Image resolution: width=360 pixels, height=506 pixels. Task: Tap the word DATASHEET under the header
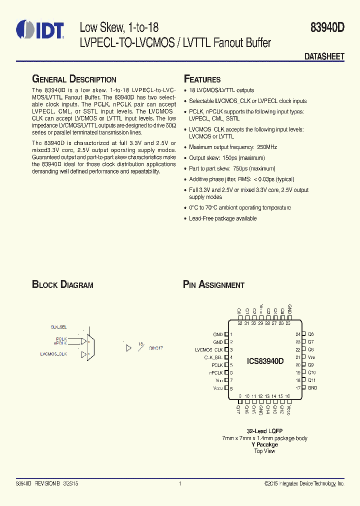tap(324, 57)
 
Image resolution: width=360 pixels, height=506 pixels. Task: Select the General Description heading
tap(74, 79)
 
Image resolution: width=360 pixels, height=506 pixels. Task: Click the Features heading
tap(202, 79)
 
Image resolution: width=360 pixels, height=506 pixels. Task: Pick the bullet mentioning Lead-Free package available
tap(222, 218)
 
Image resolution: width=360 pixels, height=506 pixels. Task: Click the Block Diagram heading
tap(62, 285)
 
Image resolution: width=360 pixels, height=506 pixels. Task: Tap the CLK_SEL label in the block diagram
tap(58, 326)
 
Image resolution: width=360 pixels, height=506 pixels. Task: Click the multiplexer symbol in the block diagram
tap(88, 346)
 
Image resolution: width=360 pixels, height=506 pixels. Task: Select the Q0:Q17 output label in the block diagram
tap(156, 347)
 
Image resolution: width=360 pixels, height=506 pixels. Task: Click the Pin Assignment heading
tap(213, 285)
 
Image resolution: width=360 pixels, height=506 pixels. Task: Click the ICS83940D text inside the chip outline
tap(265, 361)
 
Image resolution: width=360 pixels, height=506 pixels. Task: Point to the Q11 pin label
tap(311, 380)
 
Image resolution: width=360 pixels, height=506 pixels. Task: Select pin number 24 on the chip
tap(298, 334)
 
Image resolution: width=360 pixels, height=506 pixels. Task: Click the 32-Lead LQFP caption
tap(264, 431)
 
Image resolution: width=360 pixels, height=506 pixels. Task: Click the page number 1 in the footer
tap(179, 484)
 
